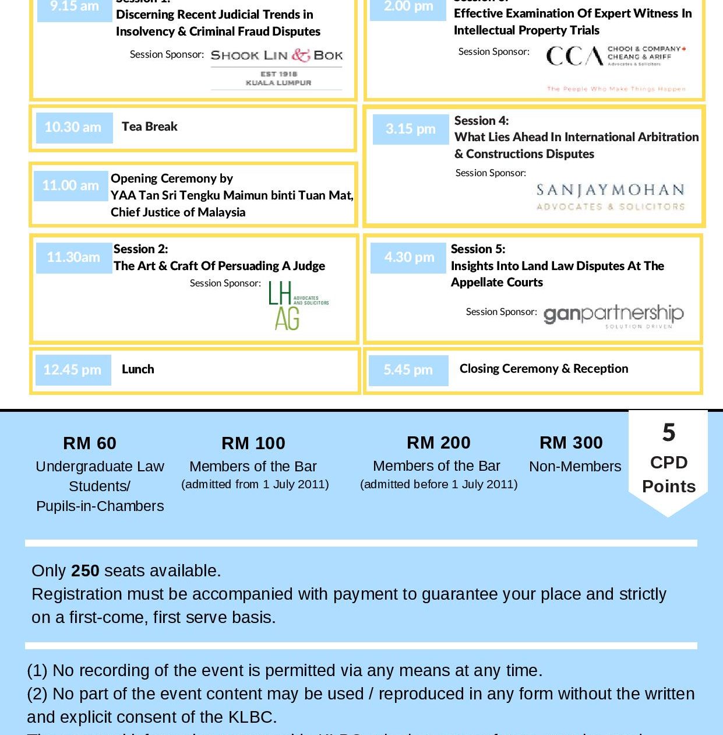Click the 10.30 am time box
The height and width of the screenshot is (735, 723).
click(73, 127)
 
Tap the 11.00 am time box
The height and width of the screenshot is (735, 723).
click(70, 185)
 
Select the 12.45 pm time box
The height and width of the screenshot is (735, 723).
click(73, 370)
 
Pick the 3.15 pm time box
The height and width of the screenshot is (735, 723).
click(411, 129)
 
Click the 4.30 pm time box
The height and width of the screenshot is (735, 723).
click(409, 257)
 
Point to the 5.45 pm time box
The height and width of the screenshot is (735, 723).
click(408, 370)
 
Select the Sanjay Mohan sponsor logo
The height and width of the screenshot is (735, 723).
click(610, 197)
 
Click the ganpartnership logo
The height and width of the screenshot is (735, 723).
click(613, 316)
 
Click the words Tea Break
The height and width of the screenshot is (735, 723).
click(150, 127)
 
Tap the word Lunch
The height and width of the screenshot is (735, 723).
click(138, 369)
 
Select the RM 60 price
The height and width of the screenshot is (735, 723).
click(90, 443)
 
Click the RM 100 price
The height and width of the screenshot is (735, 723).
click(253, 443)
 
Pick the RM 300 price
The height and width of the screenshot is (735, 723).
click(571, 443)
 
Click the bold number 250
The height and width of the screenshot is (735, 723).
click(85, 570)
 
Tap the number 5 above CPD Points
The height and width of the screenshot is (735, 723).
click(669, 433)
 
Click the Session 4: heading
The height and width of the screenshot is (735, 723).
click(481, 121)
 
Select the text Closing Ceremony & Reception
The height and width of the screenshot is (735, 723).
click(544, 369)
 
